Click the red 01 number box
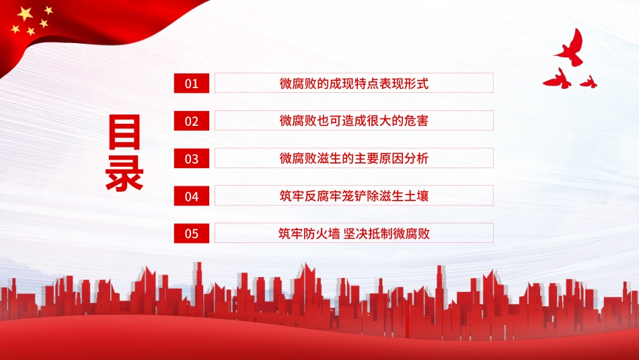pyautogui.click(x=192, y=83)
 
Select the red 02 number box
pyautogui.click(x=192, y=120)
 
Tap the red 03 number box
pyautogui.click(x=192, y=158)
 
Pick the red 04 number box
pyautogui.click(x=192, y=196)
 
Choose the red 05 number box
pyautogui.click(x=192, y=233)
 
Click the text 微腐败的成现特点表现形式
pyautogui.click(x=354, y=83)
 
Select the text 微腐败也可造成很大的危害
pyautogui.click(x=354, y=121)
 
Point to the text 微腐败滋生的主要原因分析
pyautogui.click(x=354, y=159)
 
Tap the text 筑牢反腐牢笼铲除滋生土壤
pyautogui.click(x=354, y=196)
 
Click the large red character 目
pyautogui.click(x=124, y=133)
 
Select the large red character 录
pyautogui.click(x=124, y=173)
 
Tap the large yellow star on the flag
pyautogui.click(x=25, y=13)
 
